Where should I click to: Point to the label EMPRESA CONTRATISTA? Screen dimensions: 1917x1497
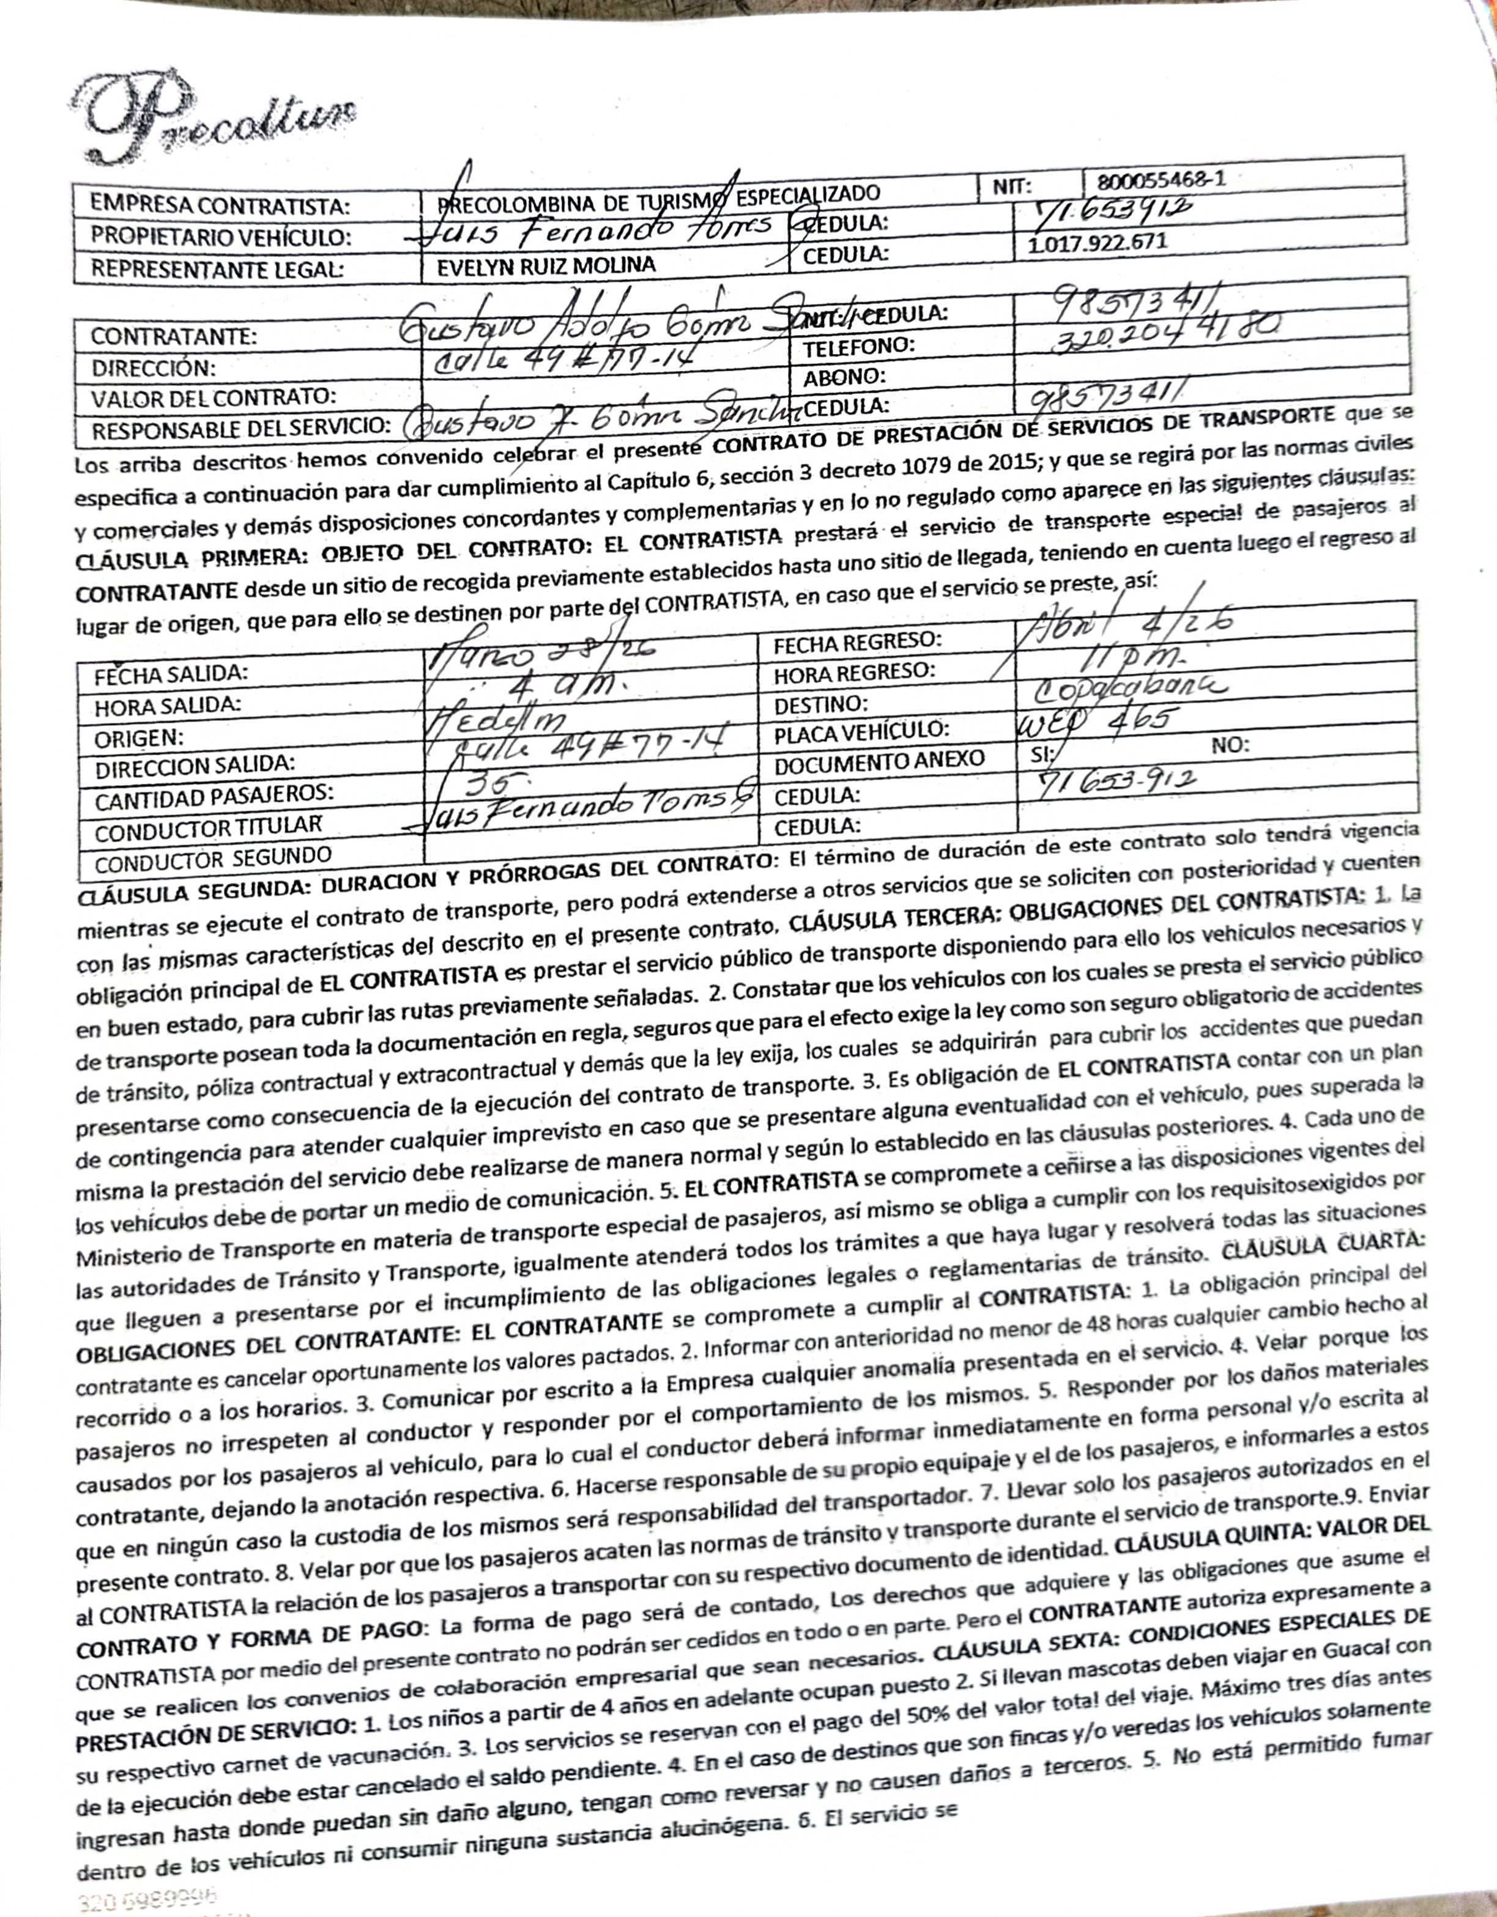coord(220,206)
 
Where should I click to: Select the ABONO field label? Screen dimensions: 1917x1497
coord(844,377)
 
